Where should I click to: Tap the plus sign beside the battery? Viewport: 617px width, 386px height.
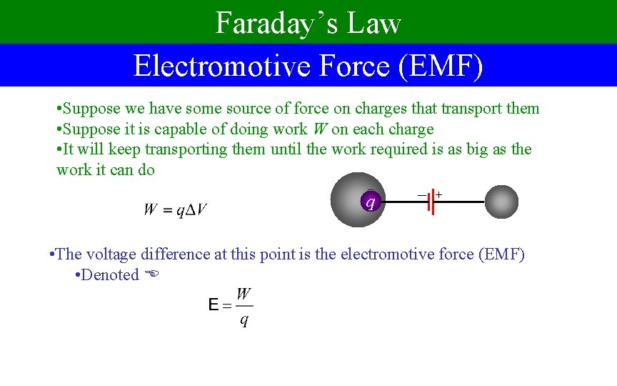coord(438,194)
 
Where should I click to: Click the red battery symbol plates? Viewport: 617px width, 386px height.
coord(431,202)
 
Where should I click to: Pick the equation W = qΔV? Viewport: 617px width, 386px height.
coord(176,210)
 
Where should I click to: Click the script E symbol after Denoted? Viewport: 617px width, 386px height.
coord(150,274)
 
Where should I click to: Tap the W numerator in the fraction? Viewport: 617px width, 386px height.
coord(244,294)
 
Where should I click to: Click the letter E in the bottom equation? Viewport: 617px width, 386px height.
coord(213,306)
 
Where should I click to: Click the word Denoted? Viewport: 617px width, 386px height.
coord(110,274)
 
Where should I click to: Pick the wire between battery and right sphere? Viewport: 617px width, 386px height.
coord(461,202)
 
